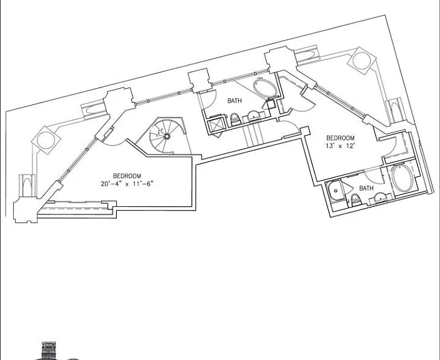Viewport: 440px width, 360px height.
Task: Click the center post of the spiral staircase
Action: click(167, 136)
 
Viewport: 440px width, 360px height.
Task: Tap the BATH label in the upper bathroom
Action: click(234, 101)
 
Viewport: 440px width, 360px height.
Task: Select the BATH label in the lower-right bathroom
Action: click(366, 188)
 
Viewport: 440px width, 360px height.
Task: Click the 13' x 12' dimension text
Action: click(340, 146)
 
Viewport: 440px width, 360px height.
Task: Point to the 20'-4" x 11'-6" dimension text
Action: click(127, 184)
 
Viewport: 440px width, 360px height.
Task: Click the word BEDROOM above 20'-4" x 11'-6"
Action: click(127, 176)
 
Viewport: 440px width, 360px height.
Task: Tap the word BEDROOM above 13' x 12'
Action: click(341, 137)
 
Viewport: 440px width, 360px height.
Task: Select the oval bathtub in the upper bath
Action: click(265, 88)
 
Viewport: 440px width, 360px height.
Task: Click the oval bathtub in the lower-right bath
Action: click(402, 178)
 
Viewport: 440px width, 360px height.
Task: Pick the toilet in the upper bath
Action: click(235, 119)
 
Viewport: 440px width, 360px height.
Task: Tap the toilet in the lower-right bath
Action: click(355, 200)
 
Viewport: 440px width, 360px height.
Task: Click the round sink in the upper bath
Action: click(254, 116)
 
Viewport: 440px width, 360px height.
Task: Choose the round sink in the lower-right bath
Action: click(381, 198)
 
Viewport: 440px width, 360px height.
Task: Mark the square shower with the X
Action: click(216, 125)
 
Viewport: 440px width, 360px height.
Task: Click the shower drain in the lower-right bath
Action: click(336, 191)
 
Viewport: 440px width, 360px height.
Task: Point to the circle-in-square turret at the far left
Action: click(46, 140)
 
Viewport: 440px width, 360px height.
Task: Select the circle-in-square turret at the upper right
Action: click(361, 61)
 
